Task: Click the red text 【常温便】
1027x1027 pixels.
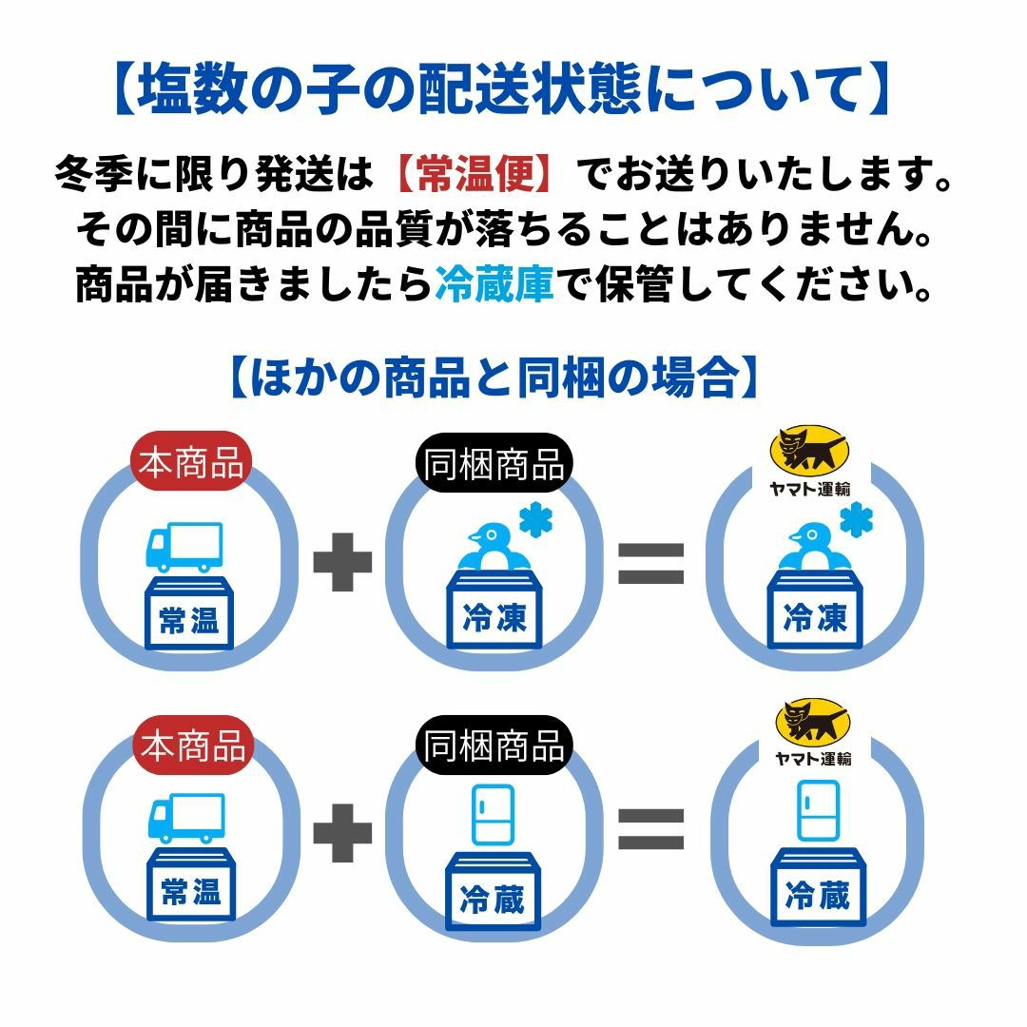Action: [x=472, y=175]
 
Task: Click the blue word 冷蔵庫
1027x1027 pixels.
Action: [x=494, y=283]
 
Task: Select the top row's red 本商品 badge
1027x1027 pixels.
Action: [x=191, y=465]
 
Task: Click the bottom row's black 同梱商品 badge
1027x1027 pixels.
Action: [x=494, y=746]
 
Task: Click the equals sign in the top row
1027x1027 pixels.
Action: [x=651, y=563]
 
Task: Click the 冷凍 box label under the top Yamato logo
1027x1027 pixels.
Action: [x=815, y=621]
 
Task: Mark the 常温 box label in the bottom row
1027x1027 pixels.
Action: [x=190, y=894]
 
